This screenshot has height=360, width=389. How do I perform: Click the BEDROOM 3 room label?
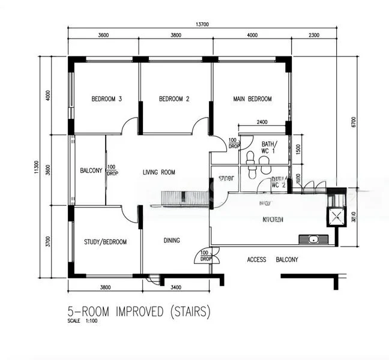pos(107,99)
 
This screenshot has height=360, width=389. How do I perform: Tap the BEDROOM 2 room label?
pos(174,99)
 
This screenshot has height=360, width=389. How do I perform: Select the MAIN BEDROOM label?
pos(252,99)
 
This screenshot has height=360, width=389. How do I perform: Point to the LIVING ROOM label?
pos(159,173)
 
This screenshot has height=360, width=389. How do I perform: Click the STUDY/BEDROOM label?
pos(106,242)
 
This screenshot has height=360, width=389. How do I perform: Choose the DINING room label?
pos(172,241)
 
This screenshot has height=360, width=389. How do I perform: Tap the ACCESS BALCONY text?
pos(273,260)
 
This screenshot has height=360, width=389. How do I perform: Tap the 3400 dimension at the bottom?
pos(176,287)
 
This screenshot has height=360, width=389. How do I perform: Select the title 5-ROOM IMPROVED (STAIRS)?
pos(139,312)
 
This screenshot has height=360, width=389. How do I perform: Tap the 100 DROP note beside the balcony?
pos(112,170)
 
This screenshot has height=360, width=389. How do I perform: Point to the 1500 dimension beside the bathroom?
pos(299,149)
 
